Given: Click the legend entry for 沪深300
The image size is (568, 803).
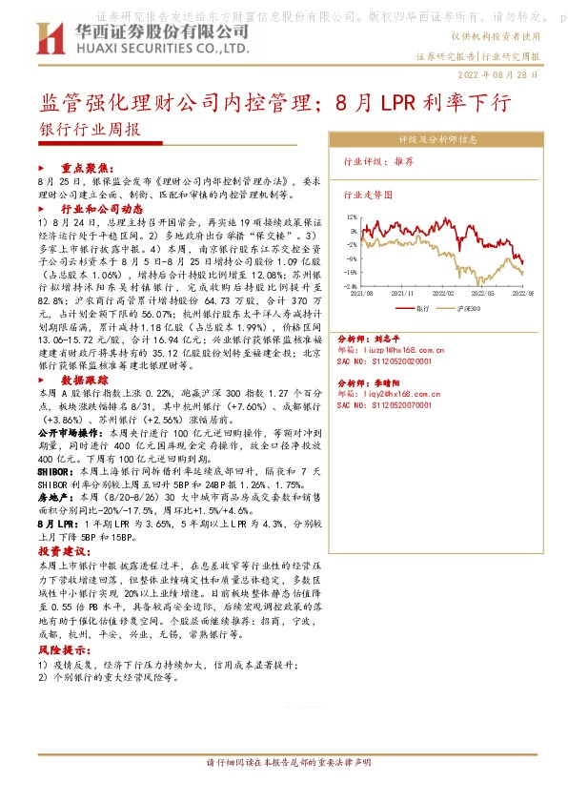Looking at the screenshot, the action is tap(470, 309).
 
